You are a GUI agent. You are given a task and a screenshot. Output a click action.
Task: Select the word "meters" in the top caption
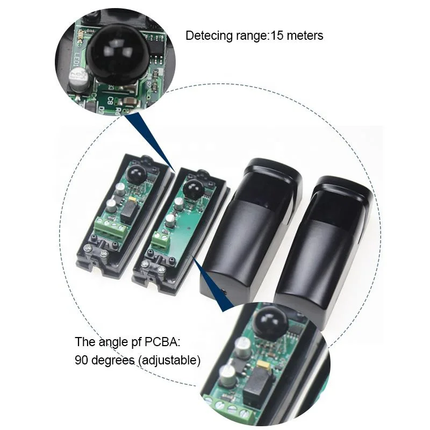[x=304, y=36]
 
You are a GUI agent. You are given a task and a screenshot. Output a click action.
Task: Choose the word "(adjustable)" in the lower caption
[x=169, y=360]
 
